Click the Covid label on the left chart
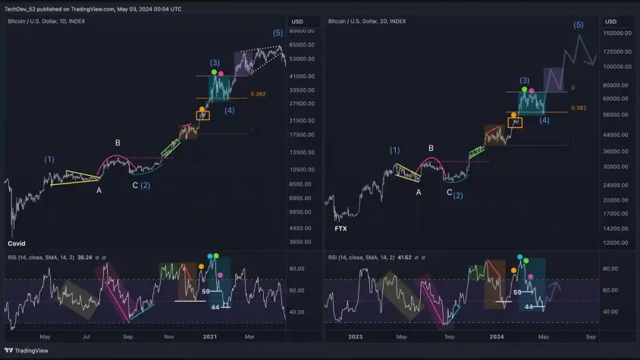pos(16,243)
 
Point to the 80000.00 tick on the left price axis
pos(302,31)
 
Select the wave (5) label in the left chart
pos(278,33)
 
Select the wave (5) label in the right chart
pos(579,25)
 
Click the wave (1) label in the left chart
pos(49,159)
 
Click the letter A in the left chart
pos(99,190)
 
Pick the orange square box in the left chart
pos(202,116)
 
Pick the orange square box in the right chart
pos(516,122)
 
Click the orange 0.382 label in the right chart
pos(579,108)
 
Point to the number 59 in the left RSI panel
pos(205,291)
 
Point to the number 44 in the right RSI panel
pos(529,307)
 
